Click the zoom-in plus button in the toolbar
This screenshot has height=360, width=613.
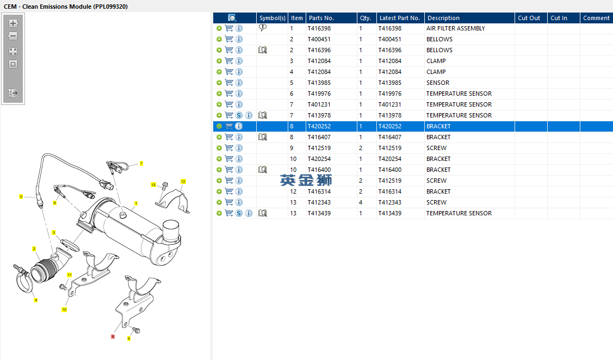[x=13, y=23]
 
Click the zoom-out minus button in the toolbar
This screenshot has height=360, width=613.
[x=13, y=36]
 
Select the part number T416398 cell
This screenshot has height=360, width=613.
[x=319, y=28]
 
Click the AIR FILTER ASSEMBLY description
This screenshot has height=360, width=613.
[x=455, y=28]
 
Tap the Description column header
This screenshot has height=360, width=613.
[x=443, y=18]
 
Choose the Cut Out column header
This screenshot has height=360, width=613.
[x=529, y=18]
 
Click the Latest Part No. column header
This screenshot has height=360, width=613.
[x=400, y=18]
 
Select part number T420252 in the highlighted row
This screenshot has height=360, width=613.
[x=319, y=126]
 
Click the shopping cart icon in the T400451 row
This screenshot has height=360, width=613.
[x=229, y=39]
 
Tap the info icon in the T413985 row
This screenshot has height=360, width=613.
[x=239, y=83]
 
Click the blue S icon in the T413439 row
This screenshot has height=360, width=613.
[x=239, y=213]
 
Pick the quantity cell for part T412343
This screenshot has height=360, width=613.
[x=361, y=202]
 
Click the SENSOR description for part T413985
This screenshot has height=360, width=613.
[x=438, y=83]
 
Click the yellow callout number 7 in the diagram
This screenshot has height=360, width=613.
[x=141, y=163]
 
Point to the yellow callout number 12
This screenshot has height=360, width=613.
[x=183, y=182]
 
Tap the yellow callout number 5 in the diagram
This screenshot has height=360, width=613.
[x=21, y=197]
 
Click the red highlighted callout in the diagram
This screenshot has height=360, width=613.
[x=113, y=336]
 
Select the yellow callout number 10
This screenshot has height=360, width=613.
[x=65, y=309]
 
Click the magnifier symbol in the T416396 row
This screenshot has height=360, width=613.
[x=263, y=50]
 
